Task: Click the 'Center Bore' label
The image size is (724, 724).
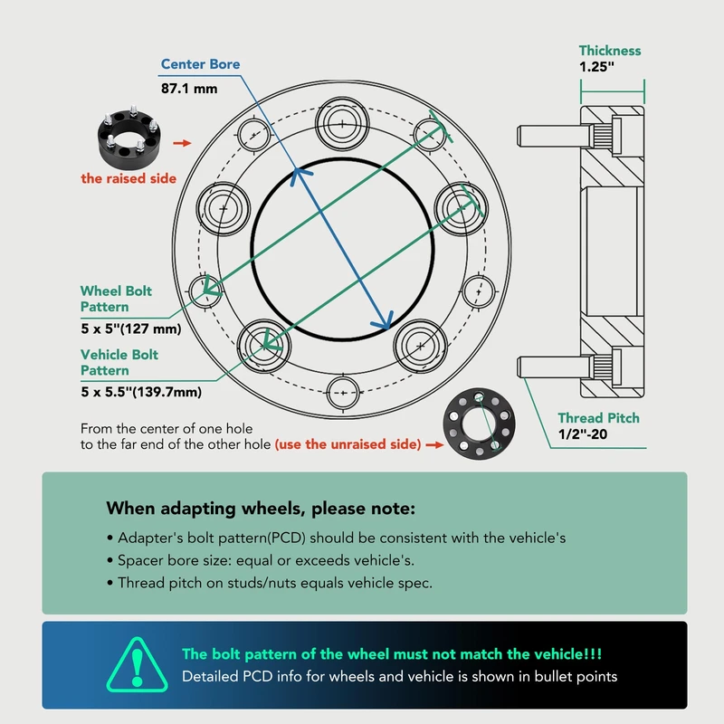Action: click(200, 64)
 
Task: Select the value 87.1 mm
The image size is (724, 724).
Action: click(189, 88)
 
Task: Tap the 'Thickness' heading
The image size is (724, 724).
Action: click(610, 51)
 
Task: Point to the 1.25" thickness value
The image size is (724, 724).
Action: click(596, 66)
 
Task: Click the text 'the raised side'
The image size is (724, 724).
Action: click(129, 178)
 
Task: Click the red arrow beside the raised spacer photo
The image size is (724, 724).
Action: click(182, 143)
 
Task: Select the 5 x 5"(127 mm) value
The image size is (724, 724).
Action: click(130, 329)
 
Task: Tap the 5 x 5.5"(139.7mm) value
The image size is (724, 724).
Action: click(141, 392)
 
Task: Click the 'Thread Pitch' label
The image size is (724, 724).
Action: click(598, 418)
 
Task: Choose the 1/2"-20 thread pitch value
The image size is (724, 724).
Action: click(582, 434)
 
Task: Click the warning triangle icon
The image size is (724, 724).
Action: click(138, 665)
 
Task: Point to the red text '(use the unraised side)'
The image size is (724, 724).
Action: click(348, 444)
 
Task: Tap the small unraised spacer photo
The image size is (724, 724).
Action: click(479, 424)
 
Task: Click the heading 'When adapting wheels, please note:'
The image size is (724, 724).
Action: click(261, 509)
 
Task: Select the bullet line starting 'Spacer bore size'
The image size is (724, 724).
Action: click(261, 560)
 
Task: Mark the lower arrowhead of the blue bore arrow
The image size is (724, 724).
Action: click(384, 319)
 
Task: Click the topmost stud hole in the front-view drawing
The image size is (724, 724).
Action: click(342, 124)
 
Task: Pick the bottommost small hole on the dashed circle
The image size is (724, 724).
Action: click(343, 393)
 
